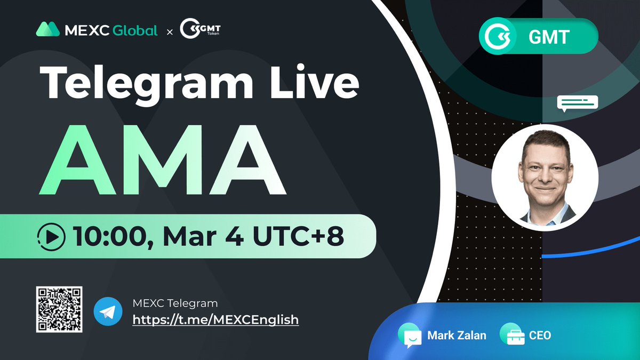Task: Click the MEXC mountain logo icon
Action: (47, 29)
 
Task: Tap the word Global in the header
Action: (135, 30)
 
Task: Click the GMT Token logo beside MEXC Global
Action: (201, 30)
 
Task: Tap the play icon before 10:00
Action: (52, 236)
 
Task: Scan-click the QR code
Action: (59, 309)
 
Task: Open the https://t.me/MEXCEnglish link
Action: (215, 320)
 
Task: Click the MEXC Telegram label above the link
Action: (175, 303)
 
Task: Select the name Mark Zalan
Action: (457, 335)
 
